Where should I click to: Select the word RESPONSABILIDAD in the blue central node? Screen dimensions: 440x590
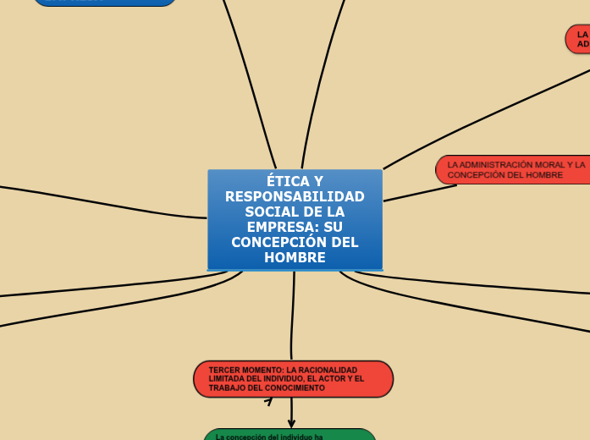click(295, 196)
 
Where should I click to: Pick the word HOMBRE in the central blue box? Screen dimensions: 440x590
click(295, 257)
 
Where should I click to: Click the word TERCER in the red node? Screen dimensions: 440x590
click(224, 371)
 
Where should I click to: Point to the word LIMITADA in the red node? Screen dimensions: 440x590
click(227, 379)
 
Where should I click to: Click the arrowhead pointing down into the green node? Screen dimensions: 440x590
click(291, 423)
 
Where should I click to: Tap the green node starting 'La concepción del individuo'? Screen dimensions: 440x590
click(289, 435)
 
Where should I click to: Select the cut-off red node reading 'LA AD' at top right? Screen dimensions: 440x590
click(579, 39)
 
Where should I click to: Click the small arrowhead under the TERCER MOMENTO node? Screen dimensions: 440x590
click(268, 402)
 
